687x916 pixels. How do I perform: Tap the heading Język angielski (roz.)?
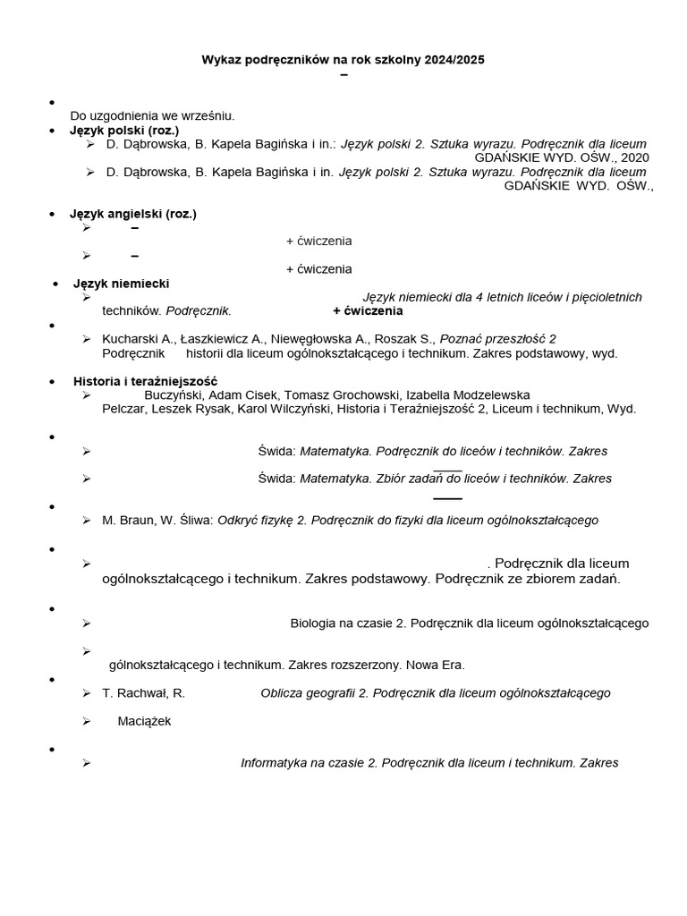pos(133,214)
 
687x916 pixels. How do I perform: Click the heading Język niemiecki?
pos(121,284)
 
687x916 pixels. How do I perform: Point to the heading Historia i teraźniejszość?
pos(145,381)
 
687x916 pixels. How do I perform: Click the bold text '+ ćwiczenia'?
pos(368,311)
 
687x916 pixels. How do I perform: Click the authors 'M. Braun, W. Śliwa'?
pos(158,521)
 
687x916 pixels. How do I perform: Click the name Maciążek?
pos(144,721)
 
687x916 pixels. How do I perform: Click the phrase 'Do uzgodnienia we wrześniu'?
pos(152,115)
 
